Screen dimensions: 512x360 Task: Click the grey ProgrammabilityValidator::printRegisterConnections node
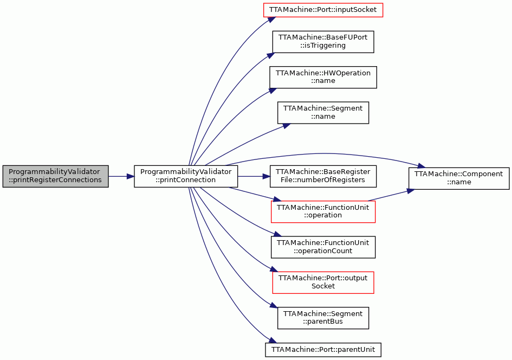pyautogui.click(x=55, y=176)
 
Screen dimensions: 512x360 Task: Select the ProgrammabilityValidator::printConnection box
pyautogui.click(x=186, y=176)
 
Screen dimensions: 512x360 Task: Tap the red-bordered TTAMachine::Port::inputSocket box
pyautogui.click(x=323, y=10)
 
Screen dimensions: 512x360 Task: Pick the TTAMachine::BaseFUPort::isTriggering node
pyautogui.click(x=323, y=42)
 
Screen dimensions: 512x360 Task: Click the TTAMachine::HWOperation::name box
pyautogui.click(x=323, y=77)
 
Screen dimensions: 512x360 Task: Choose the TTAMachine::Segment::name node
pyautogui.click(x=323, y=112)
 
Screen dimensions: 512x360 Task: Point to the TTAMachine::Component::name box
pyautogui.click(x=459, y=178)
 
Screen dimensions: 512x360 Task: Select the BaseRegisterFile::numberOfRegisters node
pyautogui.click(x=323, y=176)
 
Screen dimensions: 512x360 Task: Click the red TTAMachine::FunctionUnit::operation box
pyautogui.click(x=323, y=211)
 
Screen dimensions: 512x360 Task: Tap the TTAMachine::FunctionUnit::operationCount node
pyautogui.click(x=323, y=247)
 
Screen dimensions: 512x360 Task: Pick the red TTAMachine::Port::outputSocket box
pyautogui.click(x=323, y=282)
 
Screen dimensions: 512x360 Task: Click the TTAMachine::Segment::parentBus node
pyautogui.click(x=323, y=318)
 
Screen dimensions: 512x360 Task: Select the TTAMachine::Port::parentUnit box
pyautogui.click(x=323, y=350)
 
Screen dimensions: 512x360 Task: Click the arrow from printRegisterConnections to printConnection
pyautogui.click(x=121, y=176)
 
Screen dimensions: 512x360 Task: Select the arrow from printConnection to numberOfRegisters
pyautogui.click(x=254, y=176)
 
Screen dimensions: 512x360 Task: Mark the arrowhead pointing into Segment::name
pyautogui.click(x=287, y=126)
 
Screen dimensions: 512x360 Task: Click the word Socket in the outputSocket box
pyautogui.click(x=323, y=286)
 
